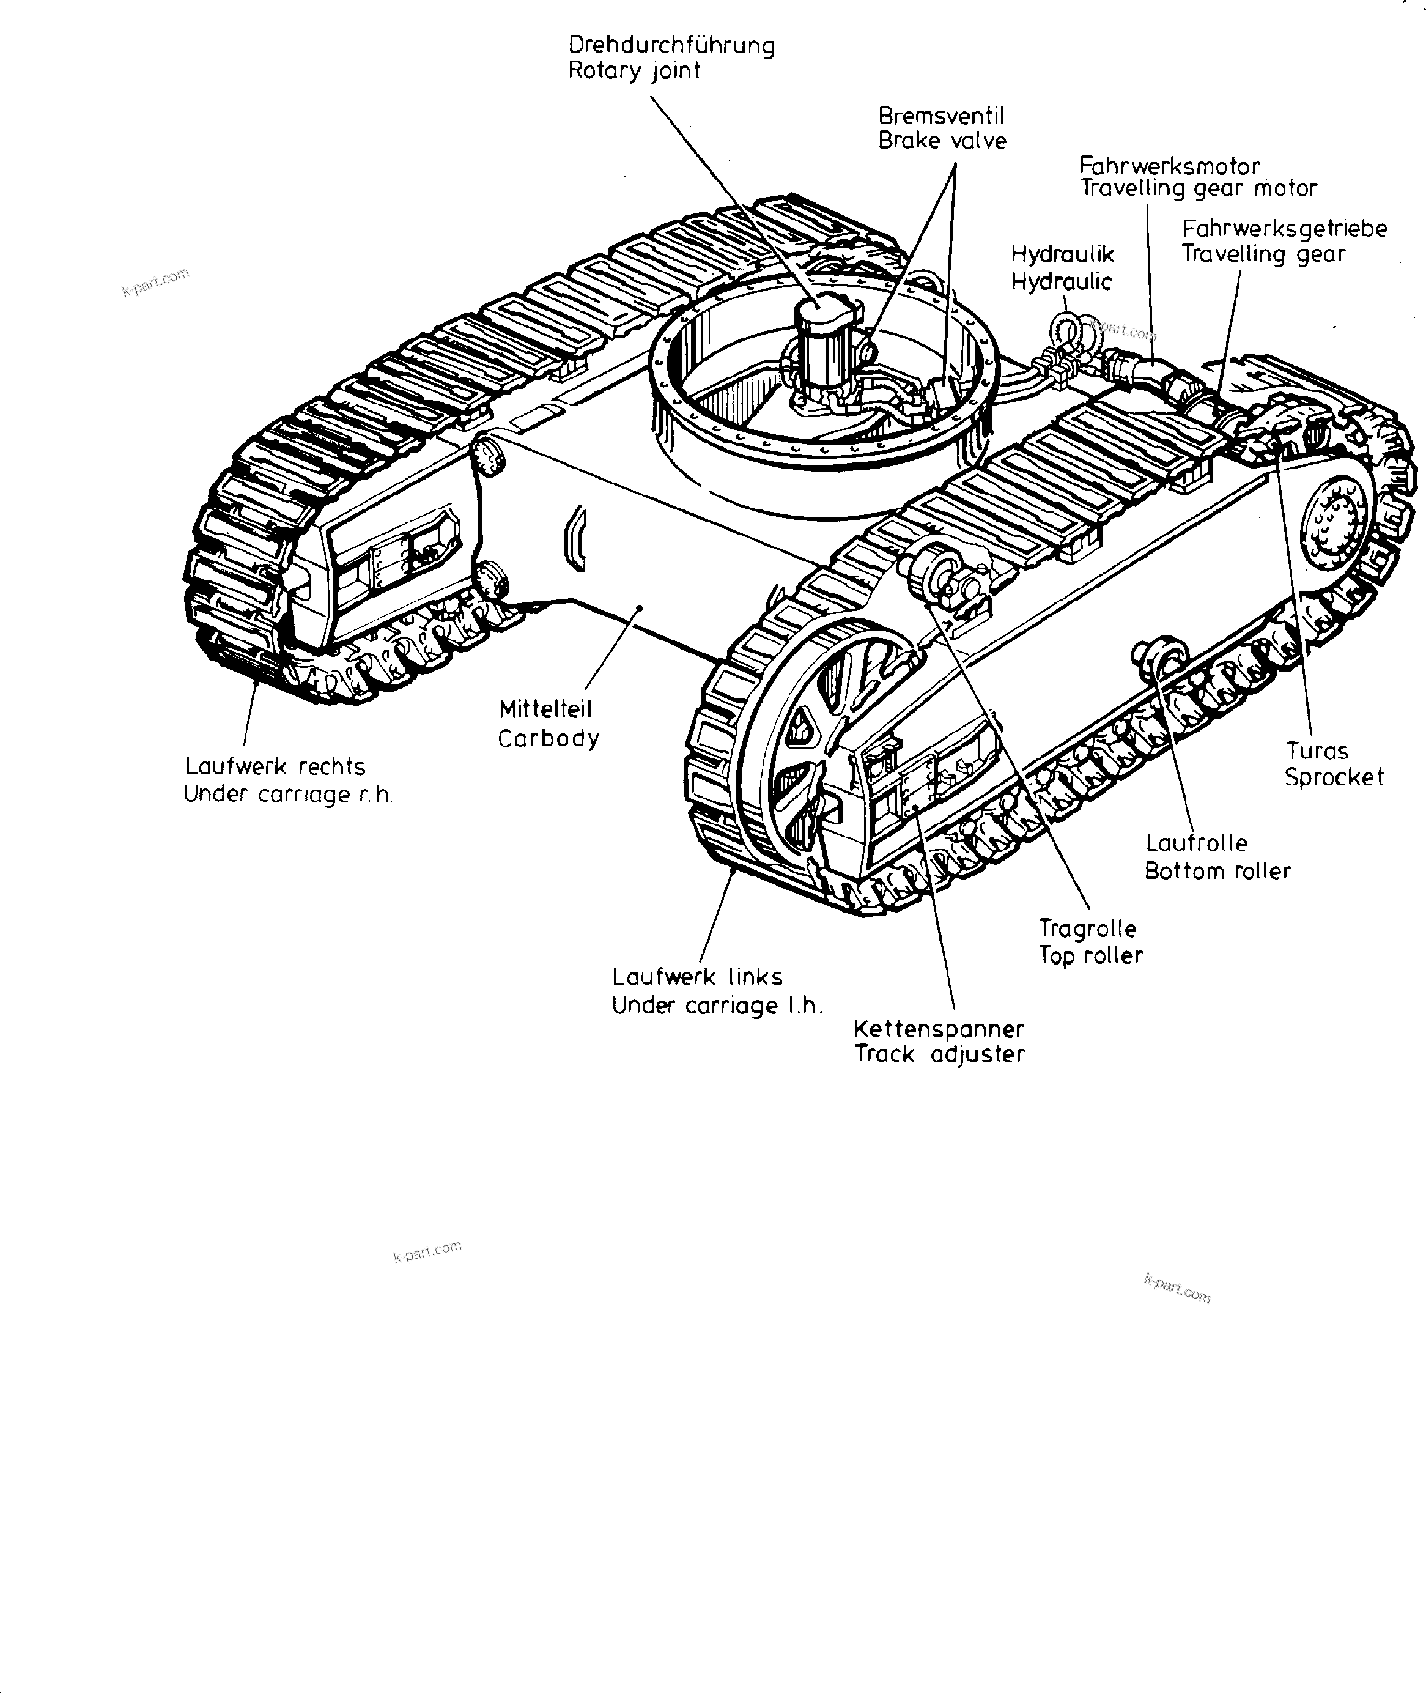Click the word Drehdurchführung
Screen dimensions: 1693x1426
coord(671,45)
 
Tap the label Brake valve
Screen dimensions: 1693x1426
coord(942,141)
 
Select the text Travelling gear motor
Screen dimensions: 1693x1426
coord(1199,188)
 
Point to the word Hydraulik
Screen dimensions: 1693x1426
coord(1062,254)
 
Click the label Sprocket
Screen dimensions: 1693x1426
coord(1334,778)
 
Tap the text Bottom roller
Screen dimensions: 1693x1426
coord(1217,872)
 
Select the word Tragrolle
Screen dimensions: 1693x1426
coord(1087,928)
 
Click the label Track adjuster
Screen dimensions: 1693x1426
coord(939,1054)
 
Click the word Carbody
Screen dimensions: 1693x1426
coord(548,739)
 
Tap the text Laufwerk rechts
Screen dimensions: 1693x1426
coord(275,766)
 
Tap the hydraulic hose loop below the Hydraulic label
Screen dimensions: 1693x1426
coord(1065,332)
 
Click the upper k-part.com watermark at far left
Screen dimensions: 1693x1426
coord(156,282)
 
